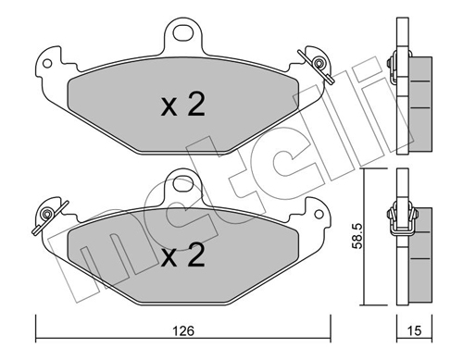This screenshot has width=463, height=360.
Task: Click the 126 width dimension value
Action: click(183, 330)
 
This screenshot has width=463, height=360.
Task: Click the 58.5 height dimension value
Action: click(357, 236)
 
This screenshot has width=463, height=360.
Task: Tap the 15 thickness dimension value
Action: click(414, 330)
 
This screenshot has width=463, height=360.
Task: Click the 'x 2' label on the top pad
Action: click(183, 104)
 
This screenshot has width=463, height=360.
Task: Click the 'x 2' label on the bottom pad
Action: click(183, 254)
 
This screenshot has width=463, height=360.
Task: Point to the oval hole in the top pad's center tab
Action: click(183, 32)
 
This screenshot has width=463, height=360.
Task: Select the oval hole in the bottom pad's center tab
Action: click(183, 183)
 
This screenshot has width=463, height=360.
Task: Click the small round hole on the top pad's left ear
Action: click(47, 64)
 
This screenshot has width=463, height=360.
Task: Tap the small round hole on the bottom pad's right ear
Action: click(319, 215)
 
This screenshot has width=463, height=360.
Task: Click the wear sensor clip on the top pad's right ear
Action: click(318, 65)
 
